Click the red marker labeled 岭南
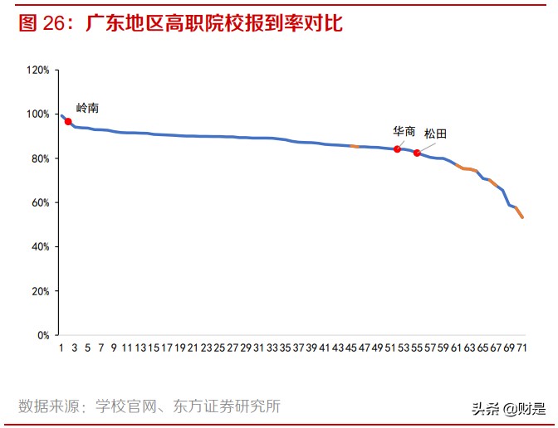(x=68, y=121)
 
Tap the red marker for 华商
(x=397, y=149)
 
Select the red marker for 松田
(x=417, y=153)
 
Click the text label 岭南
(x=87, y=108)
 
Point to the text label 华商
(x=404, y=131)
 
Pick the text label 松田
(x=435, y=134)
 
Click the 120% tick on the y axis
(x=38, y=70)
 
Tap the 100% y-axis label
(x=38, y=114)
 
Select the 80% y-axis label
(x=41, y=158)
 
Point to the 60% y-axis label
(x=41, y=202)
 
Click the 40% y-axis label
(x=41, y=247)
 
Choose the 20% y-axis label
(x=41, y=292)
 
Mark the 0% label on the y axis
(x=43, y=336)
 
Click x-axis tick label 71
(x=522, y=348)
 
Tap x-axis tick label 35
(x=285, y=348)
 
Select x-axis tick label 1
(x=61, y=348)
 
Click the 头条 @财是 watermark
(x=509, y=409)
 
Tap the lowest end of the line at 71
(x=522, y=217)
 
